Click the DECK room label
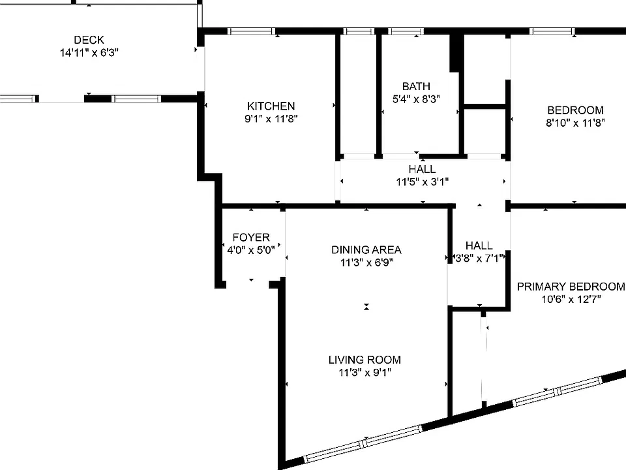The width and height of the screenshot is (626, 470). (x=89, y=40)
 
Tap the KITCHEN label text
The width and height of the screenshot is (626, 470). (x=271, y=106)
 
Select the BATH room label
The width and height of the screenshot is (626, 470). (x=416, y=86)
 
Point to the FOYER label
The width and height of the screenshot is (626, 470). (x=251, y=238)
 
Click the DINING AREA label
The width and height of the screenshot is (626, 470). (x=366, y=250)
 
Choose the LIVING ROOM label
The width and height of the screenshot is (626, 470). (x=365, y=360)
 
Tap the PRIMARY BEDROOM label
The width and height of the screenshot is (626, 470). (x=571, y=287)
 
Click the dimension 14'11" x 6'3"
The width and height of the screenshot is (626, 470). (x=89, y=53)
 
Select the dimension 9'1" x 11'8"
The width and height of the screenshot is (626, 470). (x=271, y=119)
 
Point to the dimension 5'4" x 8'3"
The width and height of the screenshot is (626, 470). (x=416, y=99)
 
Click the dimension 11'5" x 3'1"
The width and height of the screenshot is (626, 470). (x=423, y=182)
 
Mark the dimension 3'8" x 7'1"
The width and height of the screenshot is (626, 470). (x=479, y=258)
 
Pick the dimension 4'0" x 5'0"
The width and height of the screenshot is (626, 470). (x=251, y=250)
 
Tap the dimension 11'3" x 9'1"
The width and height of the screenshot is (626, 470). (x=365, y=373)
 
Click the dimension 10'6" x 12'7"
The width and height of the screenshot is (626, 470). (x=571, y=300)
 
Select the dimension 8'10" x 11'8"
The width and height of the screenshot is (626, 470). (x=575, y=123)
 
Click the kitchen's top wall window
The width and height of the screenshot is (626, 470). (x=252, y=31)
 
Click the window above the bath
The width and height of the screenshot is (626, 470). (x=406, y=31)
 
